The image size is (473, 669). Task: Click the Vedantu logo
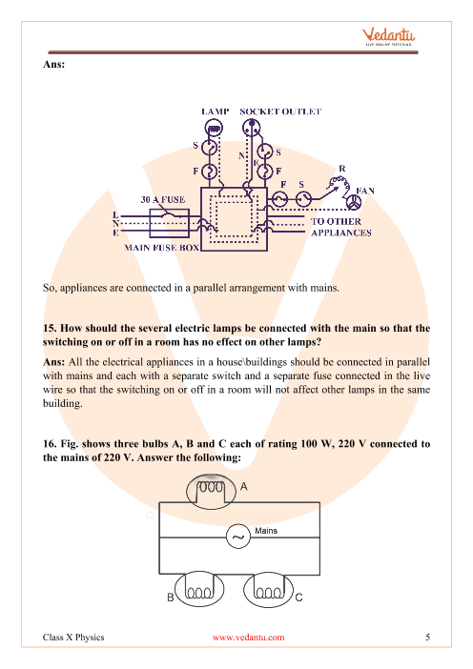(x=388, y=37)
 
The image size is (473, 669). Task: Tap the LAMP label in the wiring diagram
(x=216, y=111)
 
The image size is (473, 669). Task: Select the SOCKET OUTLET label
(x=280, y=111)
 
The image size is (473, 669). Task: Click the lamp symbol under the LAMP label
(x=214, y=128)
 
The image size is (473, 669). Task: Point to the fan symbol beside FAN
(x=353, y=203)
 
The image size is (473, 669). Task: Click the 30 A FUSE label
(x=163, y=200)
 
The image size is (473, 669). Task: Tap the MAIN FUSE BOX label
(x=161, y=248)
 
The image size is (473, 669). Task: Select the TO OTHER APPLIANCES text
(x=340, y=227)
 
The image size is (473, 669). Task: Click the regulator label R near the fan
(x=342, y=169)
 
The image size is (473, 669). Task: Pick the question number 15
(x=50, y=328)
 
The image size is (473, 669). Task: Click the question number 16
(x=50, y=444)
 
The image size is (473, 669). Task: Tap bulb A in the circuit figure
(x=212, y=492)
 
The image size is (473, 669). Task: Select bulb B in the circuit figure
(x=199, y=589)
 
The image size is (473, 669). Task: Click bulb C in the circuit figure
(x=268, y=589)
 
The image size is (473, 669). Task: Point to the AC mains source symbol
(x=238, y=537)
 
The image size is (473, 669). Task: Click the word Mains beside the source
(x=266, y=531)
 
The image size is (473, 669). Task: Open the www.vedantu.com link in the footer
(x=249, y=638)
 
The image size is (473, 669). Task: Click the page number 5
(x=428, y=637)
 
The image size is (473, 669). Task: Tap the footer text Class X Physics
(x=73, y=638)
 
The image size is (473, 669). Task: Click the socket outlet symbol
(x=251, y=128)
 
